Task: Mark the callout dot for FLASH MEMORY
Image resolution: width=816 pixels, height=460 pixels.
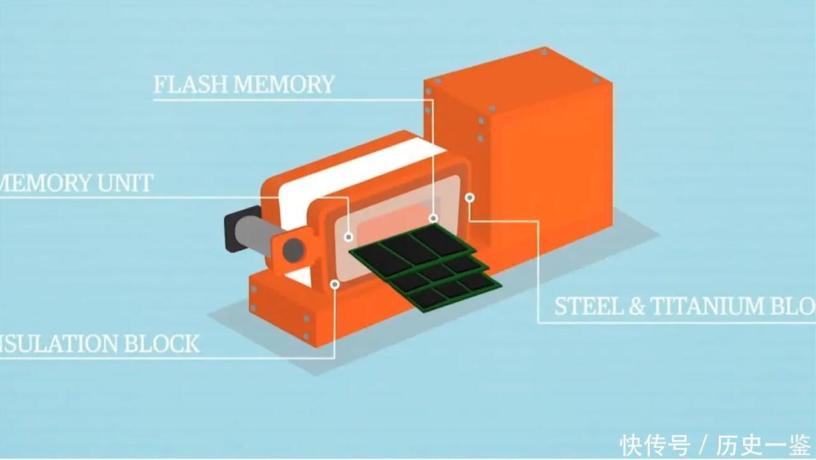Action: point(433,218)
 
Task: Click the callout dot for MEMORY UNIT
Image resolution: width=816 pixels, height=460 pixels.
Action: point(348,237)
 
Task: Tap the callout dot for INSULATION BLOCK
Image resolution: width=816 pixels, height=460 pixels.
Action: point(334,283)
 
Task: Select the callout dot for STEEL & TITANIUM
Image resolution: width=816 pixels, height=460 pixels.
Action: point(470,198)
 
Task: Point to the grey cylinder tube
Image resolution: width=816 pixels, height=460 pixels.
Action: point(259,236)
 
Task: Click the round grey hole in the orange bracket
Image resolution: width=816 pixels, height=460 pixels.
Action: point(293,249)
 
